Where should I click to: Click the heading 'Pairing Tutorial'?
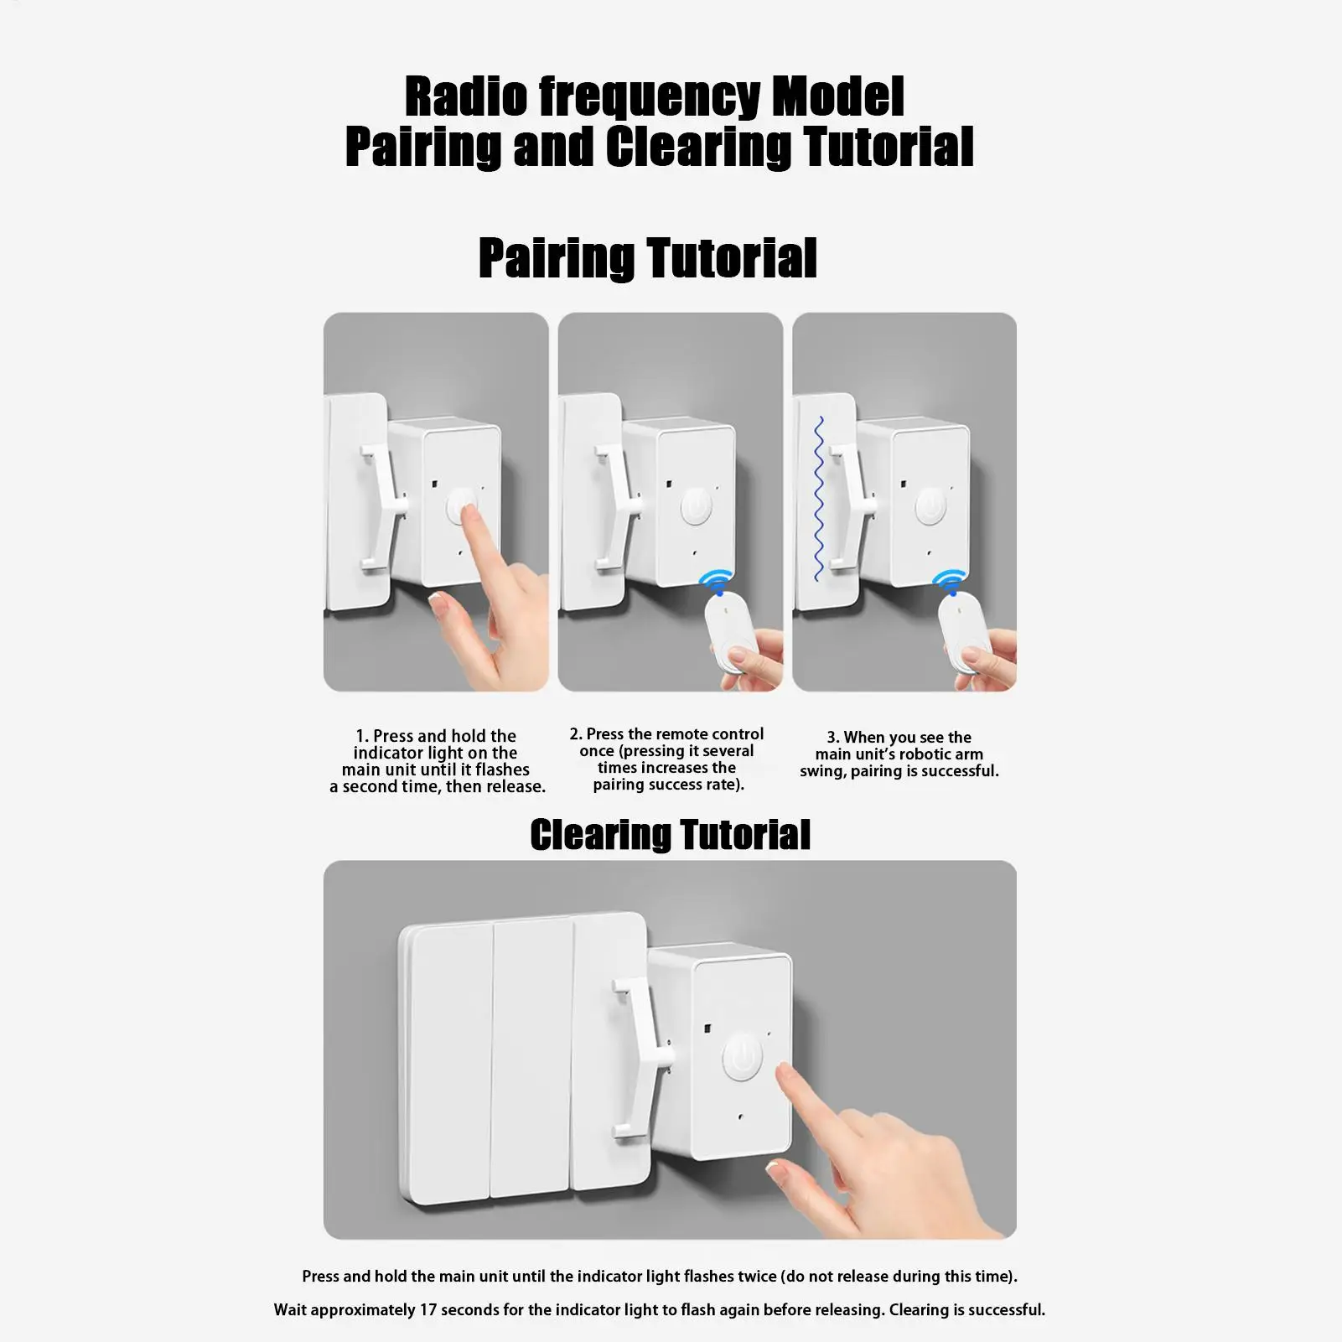click(647, 257)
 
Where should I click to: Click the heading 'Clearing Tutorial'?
click(671, 835)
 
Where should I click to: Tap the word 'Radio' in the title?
click(466, 96)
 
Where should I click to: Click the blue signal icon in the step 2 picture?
click(716, 581)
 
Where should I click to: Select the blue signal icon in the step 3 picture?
click(949, 581)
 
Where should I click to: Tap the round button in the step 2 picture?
click(696, 506)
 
